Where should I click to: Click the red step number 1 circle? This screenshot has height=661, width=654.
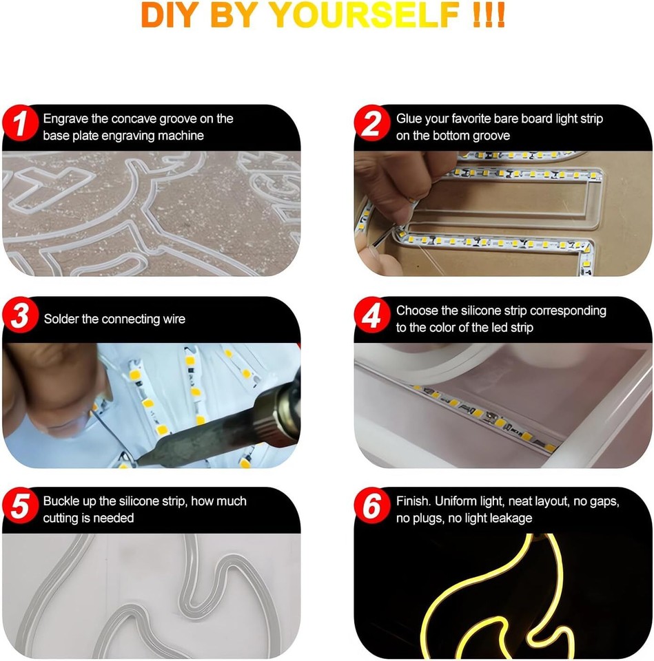point(21,125)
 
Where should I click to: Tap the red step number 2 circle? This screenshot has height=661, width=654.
point(374,125)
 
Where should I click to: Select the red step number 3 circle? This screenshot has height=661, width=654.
point(21,317)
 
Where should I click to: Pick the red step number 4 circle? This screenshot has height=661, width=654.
point(374,317)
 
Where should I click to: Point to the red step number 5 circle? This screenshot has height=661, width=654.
point(21,508)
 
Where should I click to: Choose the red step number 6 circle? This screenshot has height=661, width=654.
point(374,508)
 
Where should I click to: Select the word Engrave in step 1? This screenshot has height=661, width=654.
point(65,118)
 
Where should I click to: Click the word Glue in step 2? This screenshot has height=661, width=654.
point(409,118)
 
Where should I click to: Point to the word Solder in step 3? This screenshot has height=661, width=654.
point(60,319)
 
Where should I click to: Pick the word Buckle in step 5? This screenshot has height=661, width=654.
point(61,501)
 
